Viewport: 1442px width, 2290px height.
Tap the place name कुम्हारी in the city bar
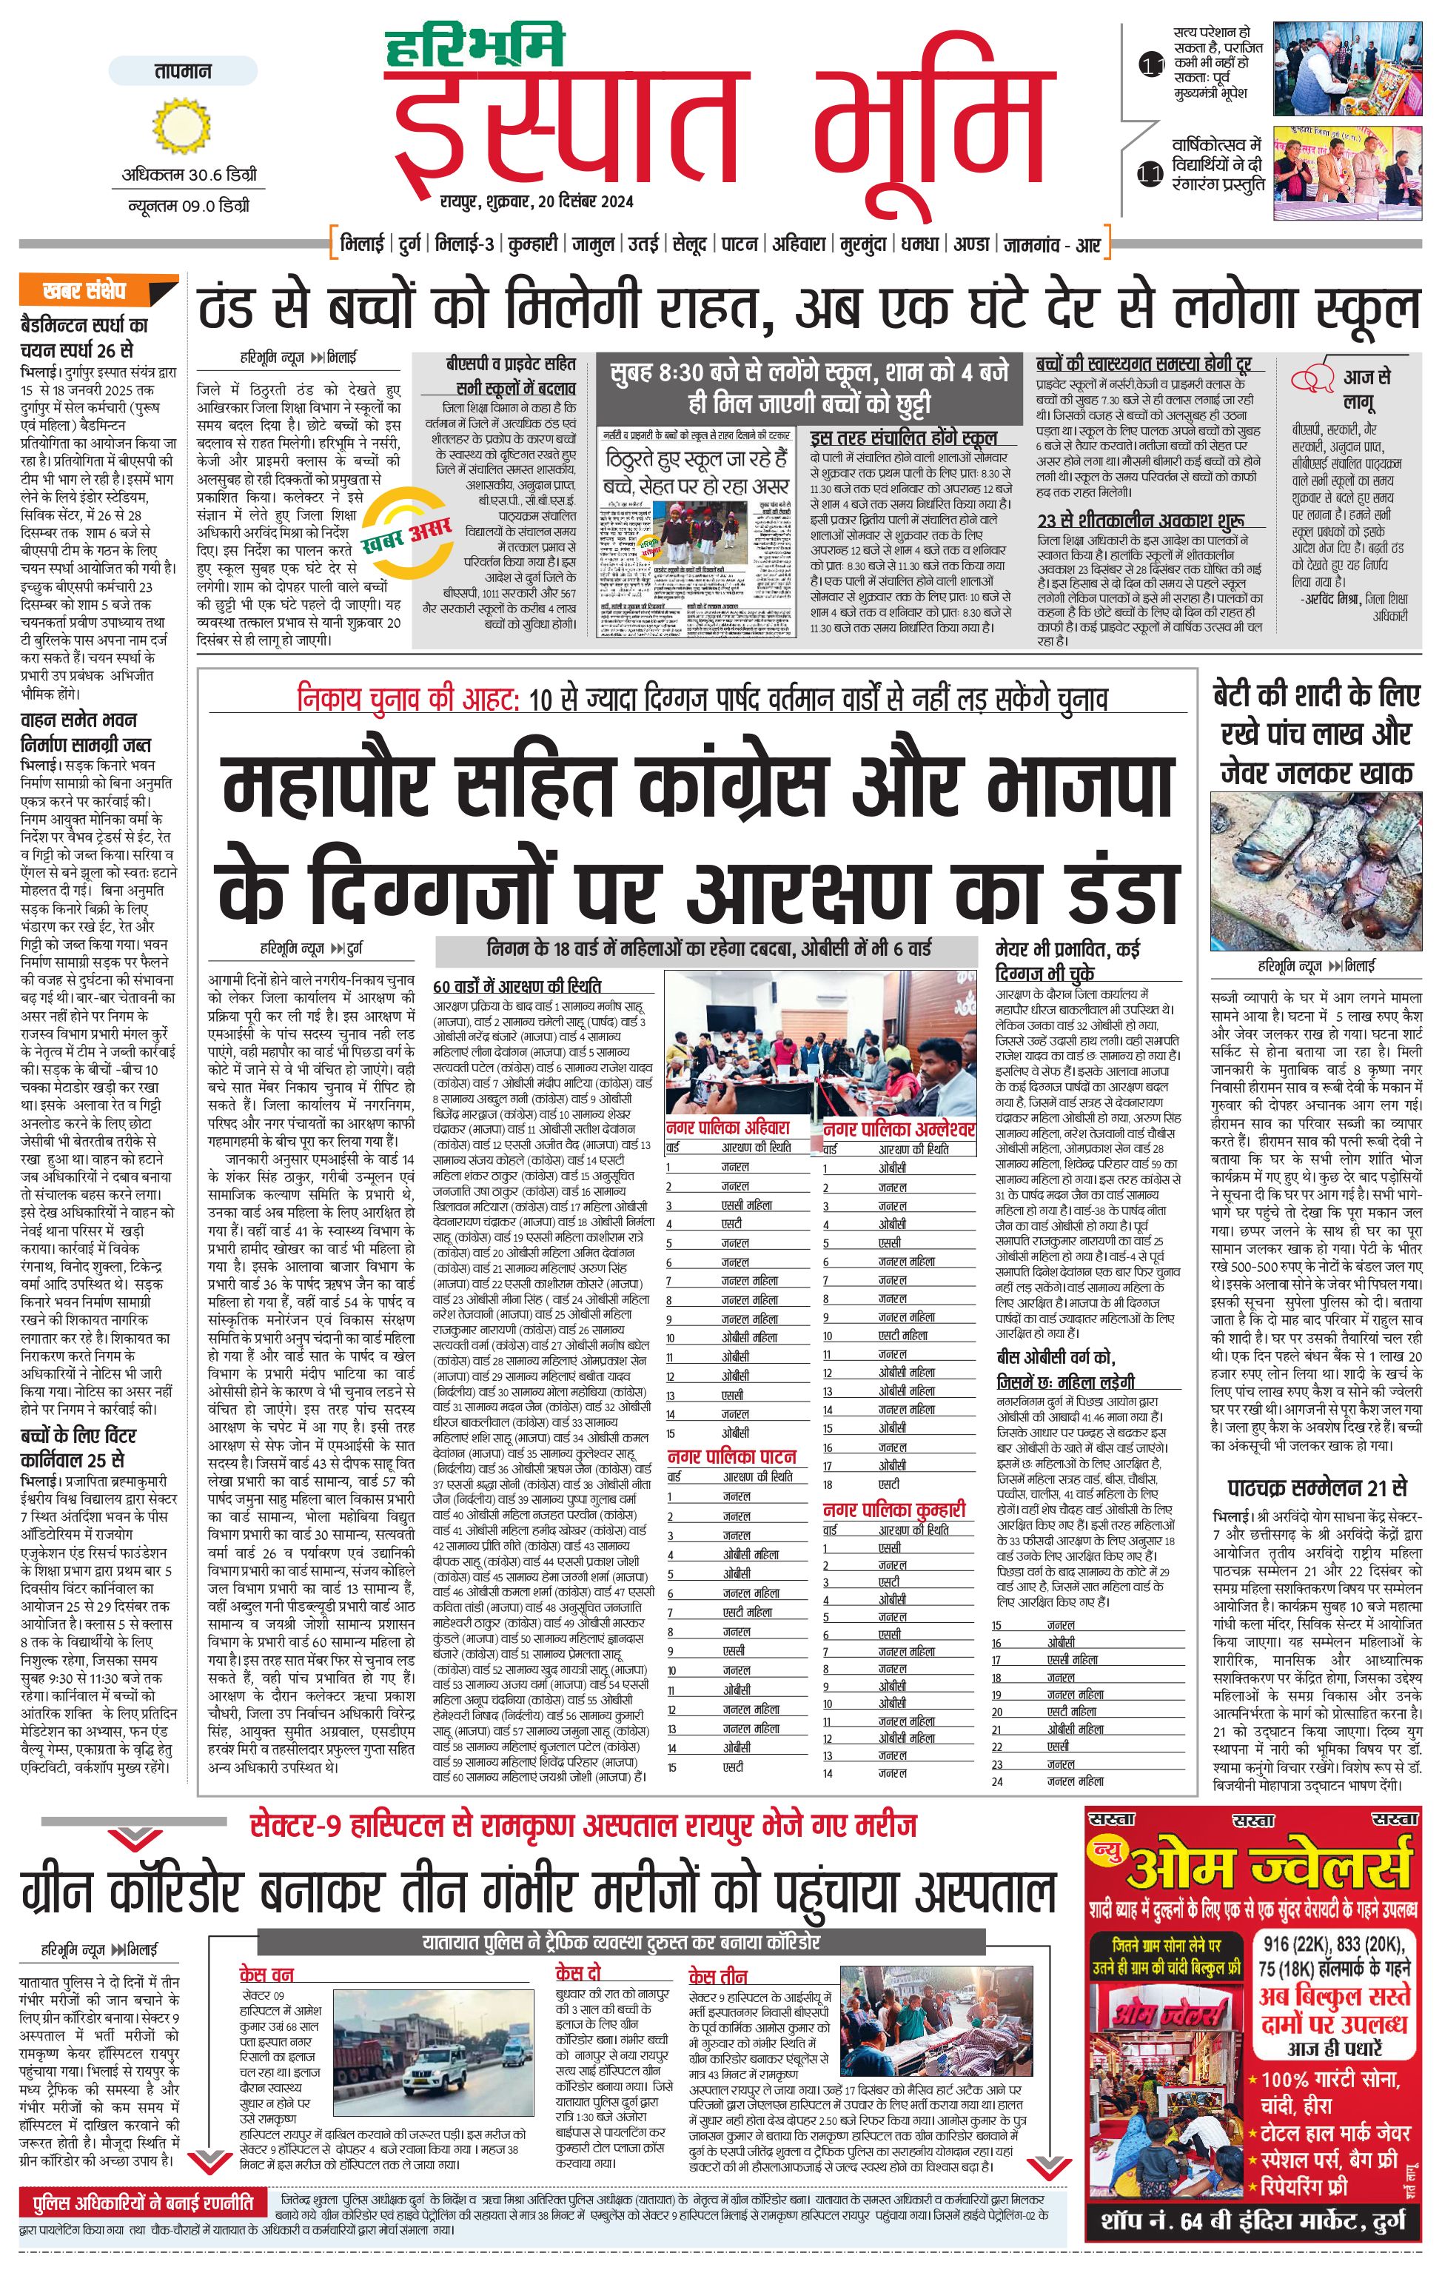click(531, 244)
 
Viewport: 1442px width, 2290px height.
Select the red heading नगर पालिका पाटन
click(731, 1456)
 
